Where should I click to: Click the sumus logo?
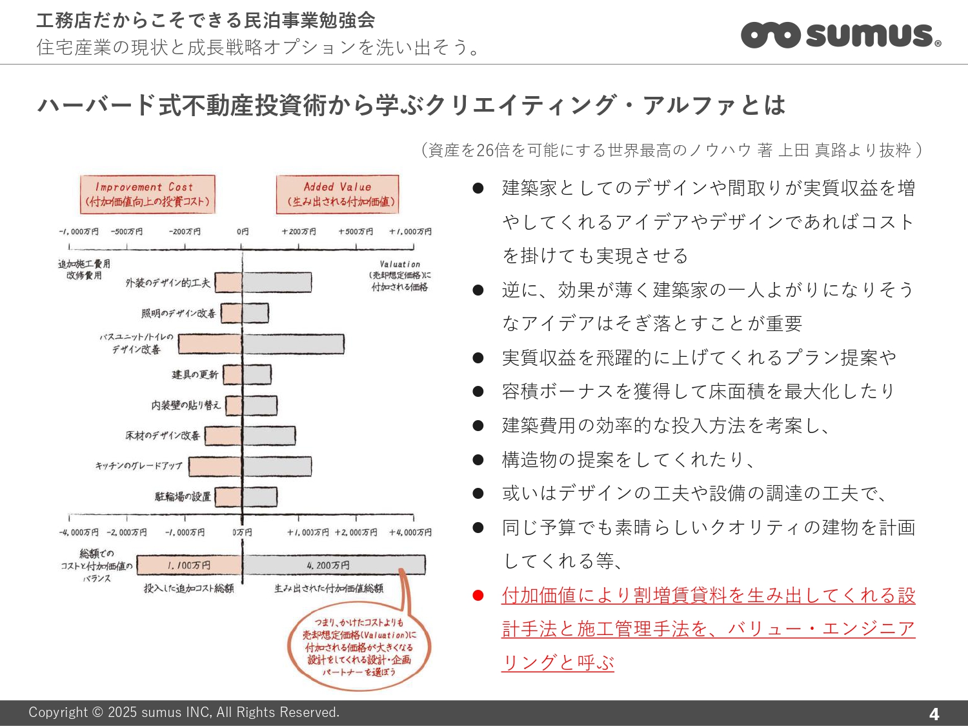pyautogui.click(x=841, y=35)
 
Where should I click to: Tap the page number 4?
pyautogui.click(x=934, y=714)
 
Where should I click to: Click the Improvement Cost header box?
pyautogui.click(x=148, y=194)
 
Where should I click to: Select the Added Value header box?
pyautogui.click(x=338, y=194)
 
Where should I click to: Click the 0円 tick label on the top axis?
pyautogui.click(x=243, y=232)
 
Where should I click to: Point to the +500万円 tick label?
pyautogui.click(x=356, y=232)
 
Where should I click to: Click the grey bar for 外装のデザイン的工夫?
pyautogui.click(x=277, y=283)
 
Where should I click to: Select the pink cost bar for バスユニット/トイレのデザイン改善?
pyautogui.click(x=210, y=344)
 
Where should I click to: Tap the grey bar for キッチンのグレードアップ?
pyautogui.click(x=277, y=467)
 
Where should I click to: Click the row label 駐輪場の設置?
pyautogui.click(x=183, y=497)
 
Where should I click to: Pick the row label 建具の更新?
pyautogui.click(x=195, y=375)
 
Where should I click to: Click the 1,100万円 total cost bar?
pyautogui.click(x=190, y=565)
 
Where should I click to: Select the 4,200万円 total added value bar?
pyautogui.click(x=334, y=565)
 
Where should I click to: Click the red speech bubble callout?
pyautogui.click(x=359, y=647)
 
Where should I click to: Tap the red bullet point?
pyautogui.click(x=478, y=596)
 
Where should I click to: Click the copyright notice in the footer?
pyautogui.click(x=184, y=712)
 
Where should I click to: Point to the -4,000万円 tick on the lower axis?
pyautogui.click(x=79, y=532)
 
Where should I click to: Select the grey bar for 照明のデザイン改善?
pyautogui.click(x=256, y=314)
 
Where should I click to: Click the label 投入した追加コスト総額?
pyautogui.click(x=188, y=589)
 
